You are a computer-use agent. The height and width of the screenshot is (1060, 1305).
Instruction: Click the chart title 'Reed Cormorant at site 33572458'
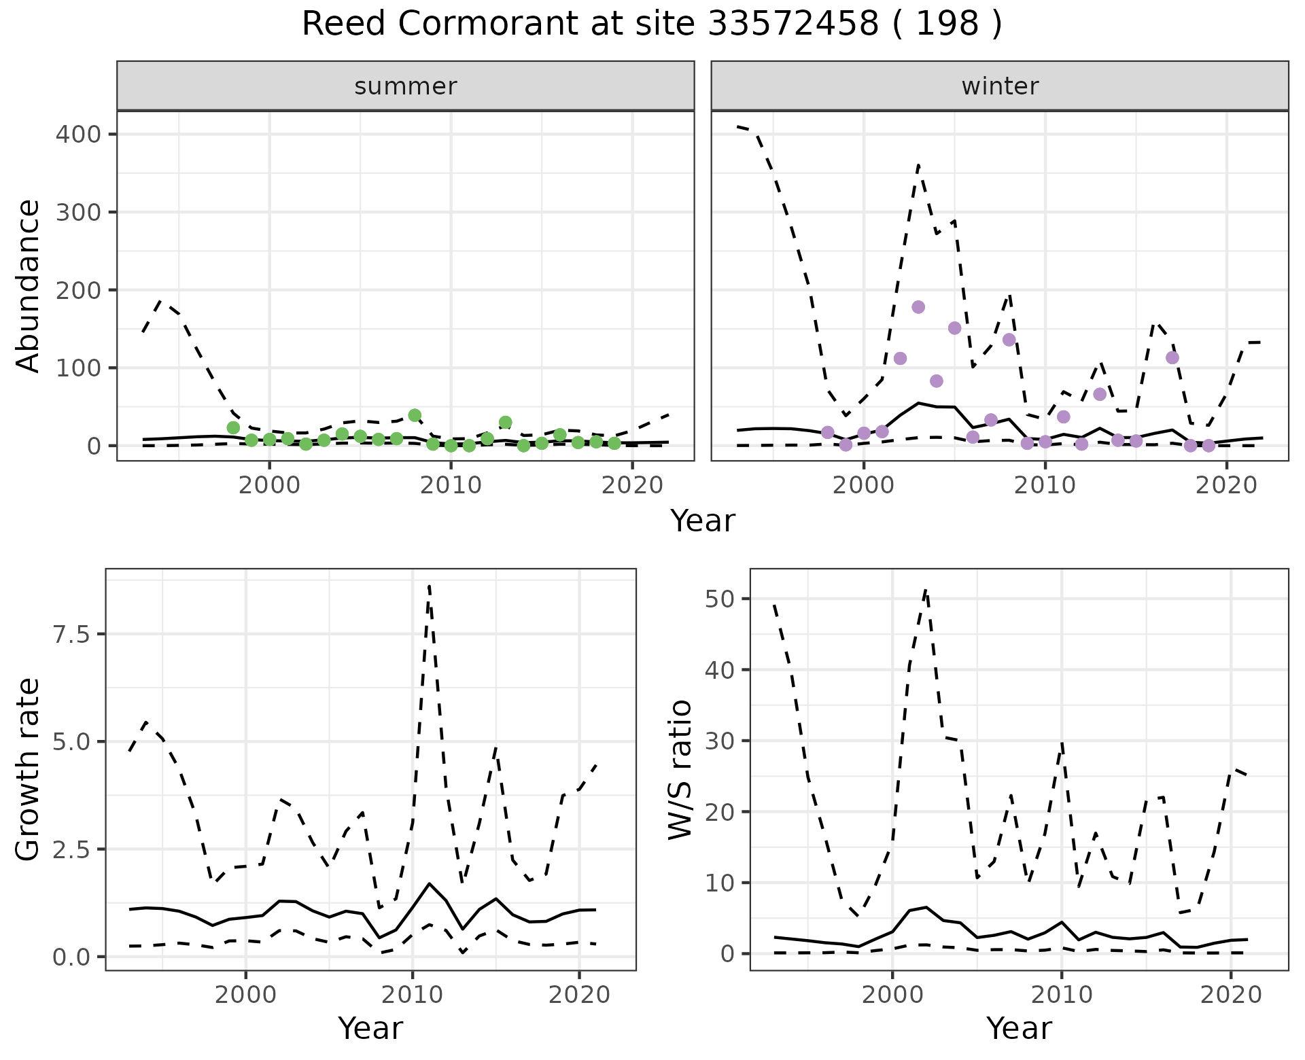[x=651, y=24]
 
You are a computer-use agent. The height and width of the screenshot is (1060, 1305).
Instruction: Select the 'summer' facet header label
[x=405, y=86]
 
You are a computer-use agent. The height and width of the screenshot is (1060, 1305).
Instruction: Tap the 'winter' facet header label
[x=999, y=86]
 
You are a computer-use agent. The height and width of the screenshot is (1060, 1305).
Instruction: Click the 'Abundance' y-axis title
[x=28, y=285]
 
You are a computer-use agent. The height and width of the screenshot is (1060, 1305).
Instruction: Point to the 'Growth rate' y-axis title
[x=28, y=769]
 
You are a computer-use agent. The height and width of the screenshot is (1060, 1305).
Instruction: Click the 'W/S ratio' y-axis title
[x=680, y=769]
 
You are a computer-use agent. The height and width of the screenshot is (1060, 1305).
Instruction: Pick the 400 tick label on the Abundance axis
[x=77, y=134]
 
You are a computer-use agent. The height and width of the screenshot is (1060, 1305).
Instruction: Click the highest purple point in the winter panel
[x=918, y=307]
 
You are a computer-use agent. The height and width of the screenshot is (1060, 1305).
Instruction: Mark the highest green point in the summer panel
[x=415, y=415]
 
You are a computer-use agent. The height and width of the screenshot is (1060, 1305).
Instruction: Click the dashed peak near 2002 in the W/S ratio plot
[x=926, y=590]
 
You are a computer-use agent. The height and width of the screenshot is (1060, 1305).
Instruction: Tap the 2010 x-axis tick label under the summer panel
[x=451, y=486]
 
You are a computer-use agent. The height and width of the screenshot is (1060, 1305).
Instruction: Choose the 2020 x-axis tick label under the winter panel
[x=1226, y=486]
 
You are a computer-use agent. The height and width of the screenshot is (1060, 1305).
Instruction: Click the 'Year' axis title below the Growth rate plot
[x=370, y=1028]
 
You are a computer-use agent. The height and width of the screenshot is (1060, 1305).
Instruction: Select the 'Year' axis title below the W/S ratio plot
[x=1019, y=1028]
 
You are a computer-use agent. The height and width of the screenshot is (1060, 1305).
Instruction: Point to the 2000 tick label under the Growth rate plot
[x=246, y=995]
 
